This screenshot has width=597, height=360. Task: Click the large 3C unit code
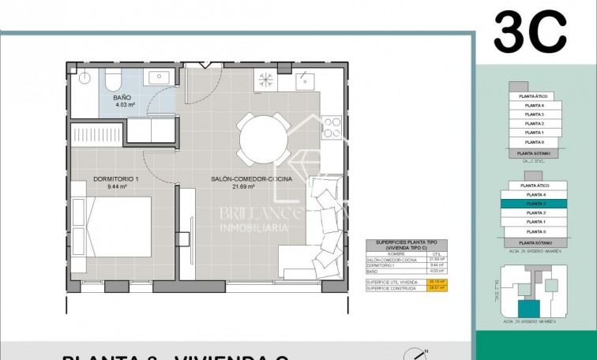[530, 33]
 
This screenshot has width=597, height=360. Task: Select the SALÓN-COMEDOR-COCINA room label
[251, 179]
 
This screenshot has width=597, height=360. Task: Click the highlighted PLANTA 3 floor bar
[536, 204]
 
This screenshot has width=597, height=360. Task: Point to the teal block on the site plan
[526, 309]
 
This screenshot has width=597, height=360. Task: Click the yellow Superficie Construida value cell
[430, 288]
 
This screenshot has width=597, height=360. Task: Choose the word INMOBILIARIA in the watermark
[253, 227]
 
